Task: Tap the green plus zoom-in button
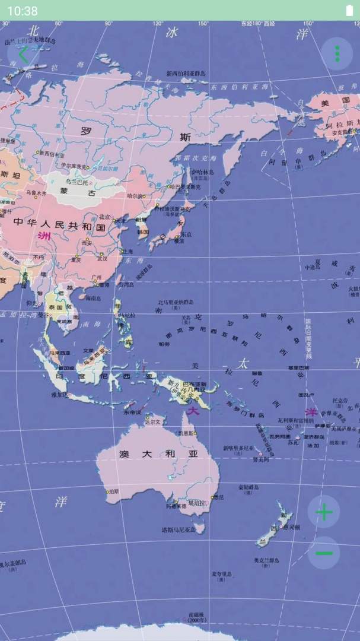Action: (x=324, y=512)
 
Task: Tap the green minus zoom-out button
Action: (x=324, y=553)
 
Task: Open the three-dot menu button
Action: (x=337, y=54)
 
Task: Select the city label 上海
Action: (x=127, y=251)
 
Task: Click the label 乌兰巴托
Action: (x=77, y=182)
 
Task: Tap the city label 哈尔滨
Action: (x=135, y=195)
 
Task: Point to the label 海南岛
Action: (x=93, y=298)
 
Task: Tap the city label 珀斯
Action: (x=113, y=491)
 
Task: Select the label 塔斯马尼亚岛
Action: (x=179, y=529)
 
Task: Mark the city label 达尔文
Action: (x=153, y=421)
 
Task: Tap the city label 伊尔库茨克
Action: (x=74, y=166)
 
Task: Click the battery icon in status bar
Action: (x=349, y=11)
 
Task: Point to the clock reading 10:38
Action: (x=23, y=11)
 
